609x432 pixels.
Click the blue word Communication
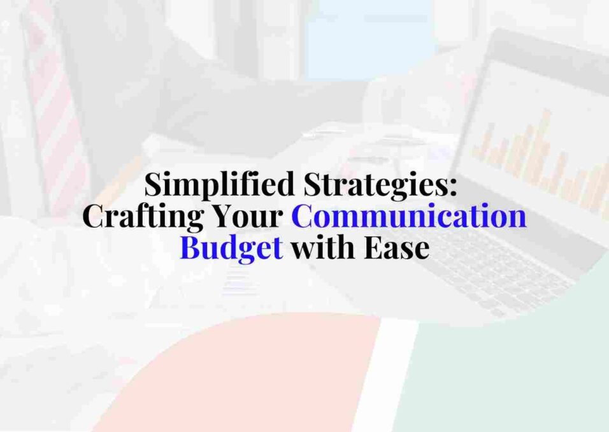click(409, 217)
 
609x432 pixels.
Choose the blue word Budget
click(231, 248)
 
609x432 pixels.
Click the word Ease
click(396, 247)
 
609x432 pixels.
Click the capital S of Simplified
click(154, 185)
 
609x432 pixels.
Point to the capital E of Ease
click(373, 247)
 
